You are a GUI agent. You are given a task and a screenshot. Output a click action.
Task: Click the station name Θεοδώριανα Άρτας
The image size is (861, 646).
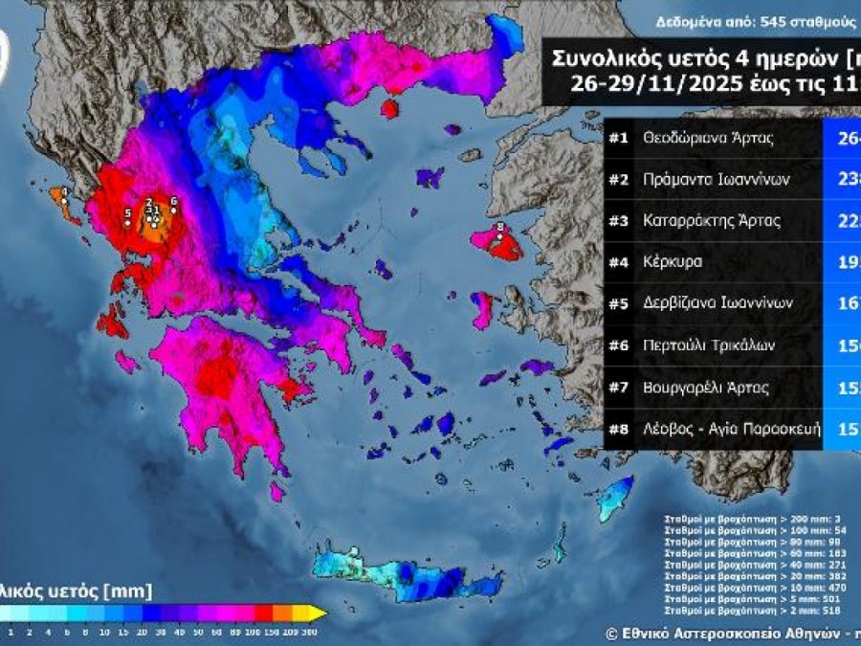[x=708, y=138]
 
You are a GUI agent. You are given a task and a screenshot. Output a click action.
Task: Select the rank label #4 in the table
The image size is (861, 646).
[x=618, y=262]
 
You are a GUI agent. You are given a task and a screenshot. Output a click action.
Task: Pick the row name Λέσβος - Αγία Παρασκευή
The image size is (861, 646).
[x=732, y=430]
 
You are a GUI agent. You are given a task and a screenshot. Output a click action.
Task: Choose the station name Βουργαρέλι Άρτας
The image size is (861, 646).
[x=709, y=389]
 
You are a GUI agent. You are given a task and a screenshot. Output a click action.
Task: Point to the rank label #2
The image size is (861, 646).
[x=618, y=179]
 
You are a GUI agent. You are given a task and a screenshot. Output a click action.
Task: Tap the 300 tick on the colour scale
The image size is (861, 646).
[x=309, y=632]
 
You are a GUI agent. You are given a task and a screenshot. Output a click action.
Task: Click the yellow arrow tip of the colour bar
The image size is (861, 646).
[x=322, y=613]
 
